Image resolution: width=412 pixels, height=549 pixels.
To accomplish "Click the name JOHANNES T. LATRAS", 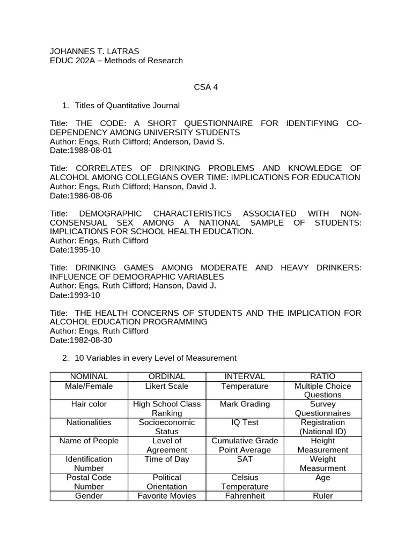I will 94,51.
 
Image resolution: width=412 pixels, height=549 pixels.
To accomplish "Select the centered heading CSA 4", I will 205,87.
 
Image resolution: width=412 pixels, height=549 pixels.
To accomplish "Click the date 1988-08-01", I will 90,151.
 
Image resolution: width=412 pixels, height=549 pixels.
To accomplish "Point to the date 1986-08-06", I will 90,196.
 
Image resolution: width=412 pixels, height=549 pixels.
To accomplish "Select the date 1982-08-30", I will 90,340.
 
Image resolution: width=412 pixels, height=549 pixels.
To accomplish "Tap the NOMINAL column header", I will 89,376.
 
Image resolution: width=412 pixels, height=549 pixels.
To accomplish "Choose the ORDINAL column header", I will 166,376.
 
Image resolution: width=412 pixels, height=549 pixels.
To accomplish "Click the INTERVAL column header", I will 244,376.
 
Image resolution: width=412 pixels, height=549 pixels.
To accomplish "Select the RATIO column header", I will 322,376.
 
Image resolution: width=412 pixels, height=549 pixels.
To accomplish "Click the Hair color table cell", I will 89,404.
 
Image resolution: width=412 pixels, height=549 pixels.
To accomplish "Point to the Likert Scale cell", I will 166,386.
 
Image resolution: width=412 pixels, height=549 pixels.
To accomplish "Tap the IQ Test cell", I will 244,422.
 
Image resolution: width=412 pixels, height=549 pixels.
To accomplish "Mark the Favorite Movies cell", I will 166,495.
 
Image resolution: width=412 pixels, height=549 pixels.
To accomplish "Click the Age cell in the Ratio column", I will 322,477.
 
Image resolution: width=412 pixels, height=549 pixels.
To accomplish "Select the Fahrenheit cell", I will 244,495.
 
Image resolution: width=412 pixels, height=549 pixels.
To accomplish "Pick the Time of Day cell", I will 166,459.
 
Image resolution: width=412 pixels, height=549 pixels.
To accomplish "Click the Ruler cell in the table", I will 322,495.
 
